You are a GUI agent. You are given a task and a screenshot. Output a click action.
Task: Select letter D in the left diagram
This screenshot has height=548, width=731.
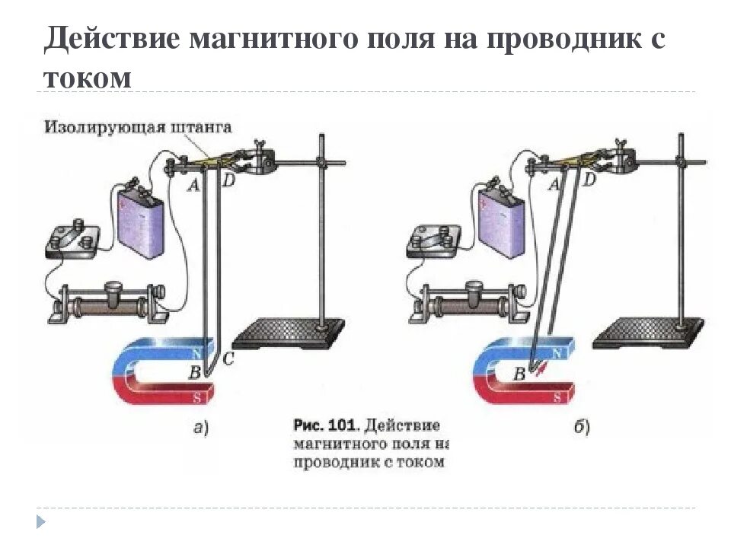tap(228, 182)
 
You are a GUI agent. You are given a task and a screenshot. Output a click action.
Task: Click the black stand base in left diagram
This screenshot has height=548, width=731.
tap(289, 336)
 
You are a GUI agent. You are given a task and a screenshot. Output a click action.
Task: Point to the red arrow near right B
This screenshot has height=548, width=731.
tap(540, 371)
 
